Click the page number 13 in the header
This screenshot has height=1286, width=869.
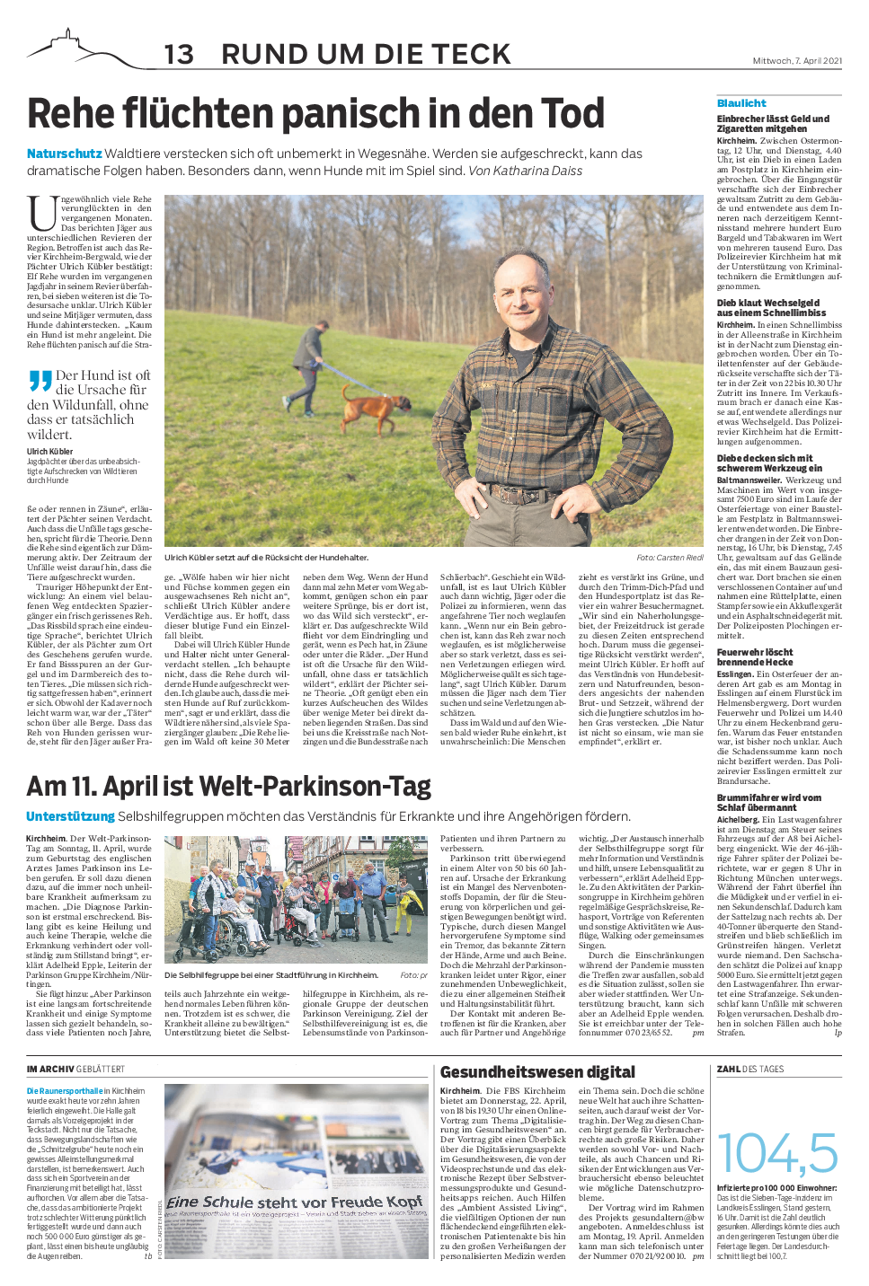click(x=179, y=55)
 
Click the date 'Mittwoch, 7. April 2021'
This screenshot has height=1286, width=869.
click(x=797, y=61)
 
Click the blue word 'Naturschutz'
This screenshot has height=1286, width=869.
click(x=64, y=154)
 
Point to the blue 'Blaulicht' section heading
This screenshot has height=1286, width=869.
click(x=741, y=103)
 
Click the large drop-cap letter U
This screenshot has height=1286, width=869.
click(x=42, y=213)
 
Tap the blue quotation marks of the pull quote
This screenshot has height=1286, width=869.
click(x=40, y=381)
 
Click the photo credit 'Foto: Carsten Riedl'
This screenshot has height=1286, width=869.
click(x=669, y=558)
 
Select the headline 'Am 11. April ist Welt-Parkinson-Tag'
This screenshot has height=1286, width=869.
click(x=229, y=787)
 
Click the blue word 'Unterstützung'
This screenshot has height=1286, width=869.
click(x=70, y=816)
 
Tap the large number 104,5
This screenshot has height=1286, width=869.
click(x=777, y=1153)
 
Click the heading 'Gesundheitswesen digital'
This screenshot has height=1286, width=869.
click(x=537, y=1072)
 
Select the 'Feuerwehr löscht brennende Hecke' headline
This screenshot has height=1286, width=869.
click(x=755, y=656)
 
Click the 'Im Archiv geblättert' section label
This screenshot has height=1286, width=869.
click(x=75, y=1070)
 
